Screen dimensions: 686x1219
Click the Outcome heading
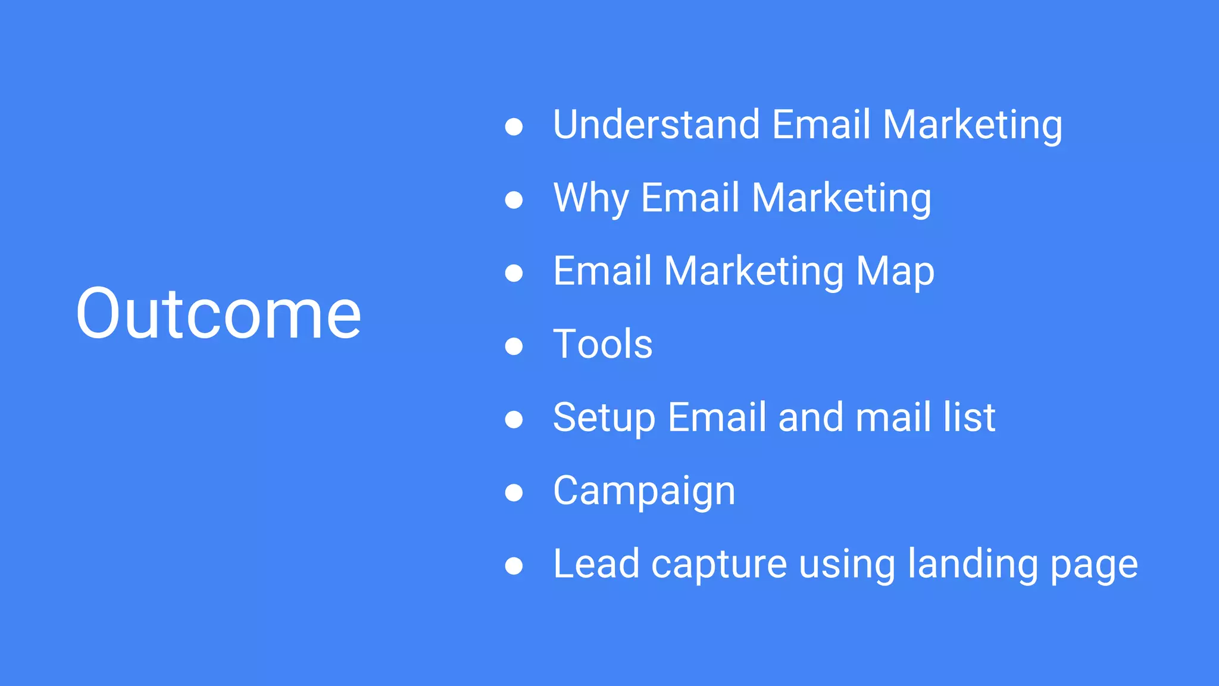[x=218, y=313]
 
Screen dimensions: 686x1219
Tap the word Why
[x=591, y=198]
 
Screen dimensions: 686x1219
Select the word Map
[x=895, y=272]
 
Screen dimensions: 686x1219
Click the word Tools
[x=602, y=344]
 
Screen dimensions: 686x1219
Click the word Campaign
[x=644, y=491]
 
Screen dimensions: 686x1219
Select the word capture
[x=719, y=565]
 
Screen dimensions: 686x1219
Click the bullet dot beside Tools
[x=514, y=346]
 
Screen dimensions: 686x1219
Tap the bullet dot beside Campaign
[x=514, y=492]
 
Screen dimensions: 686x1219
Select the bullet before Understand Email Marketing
[x=514, y=126]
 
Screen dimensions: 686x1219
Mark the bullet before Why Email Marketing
[x=514, y=199]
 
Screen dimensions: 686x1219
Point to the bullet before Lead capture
[x=514, y=566]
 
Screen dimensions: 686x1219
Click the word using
[x=846, y=565]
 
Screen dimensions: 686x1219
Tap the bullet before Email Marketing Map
[x=514, y=273]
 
